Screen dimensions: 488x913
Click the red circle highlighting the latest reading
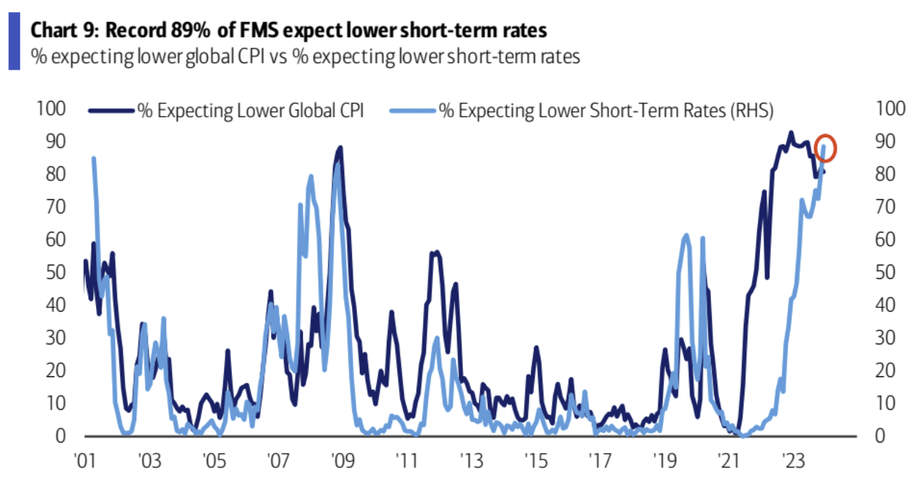pyautogui.click(x=825, y=149)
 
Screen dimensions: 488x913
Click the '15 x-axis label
pyautogui.click(x=535, y=460)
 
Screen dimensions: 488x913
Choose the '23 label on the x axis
pyautogui.click(x=791, y=460)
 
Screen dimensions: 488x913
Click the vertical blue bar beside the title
pyautogui.click(x=14, y=43)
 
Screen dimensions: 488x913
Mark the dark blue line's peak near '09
pyautogui.click(x=340, y=148)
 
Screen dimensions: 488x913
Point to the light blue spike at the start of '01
pyautogui.click(x=94, y=159)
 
